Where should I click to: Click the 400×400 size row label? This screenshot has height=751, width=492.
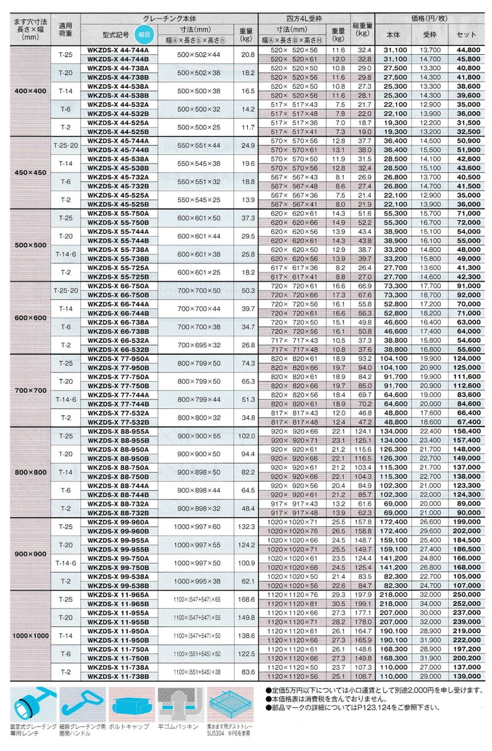[x=30, y=91]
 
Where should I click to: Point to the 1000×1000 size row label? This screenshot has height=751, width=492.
[x=30, y=636]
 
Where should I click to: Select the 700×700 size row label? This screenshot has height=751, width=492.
[x=30, y=391]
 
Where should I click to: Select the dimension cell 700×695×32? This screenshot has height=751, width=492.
[x=199, y=344]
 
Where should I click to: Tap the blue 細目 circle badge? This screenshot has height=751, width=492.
[x=143, y=34]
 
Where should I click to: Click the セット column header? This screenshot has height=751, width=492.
[x=466, y=34]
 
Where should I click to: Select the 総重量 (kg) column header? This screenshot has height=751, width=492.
[x=361, y=29]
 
